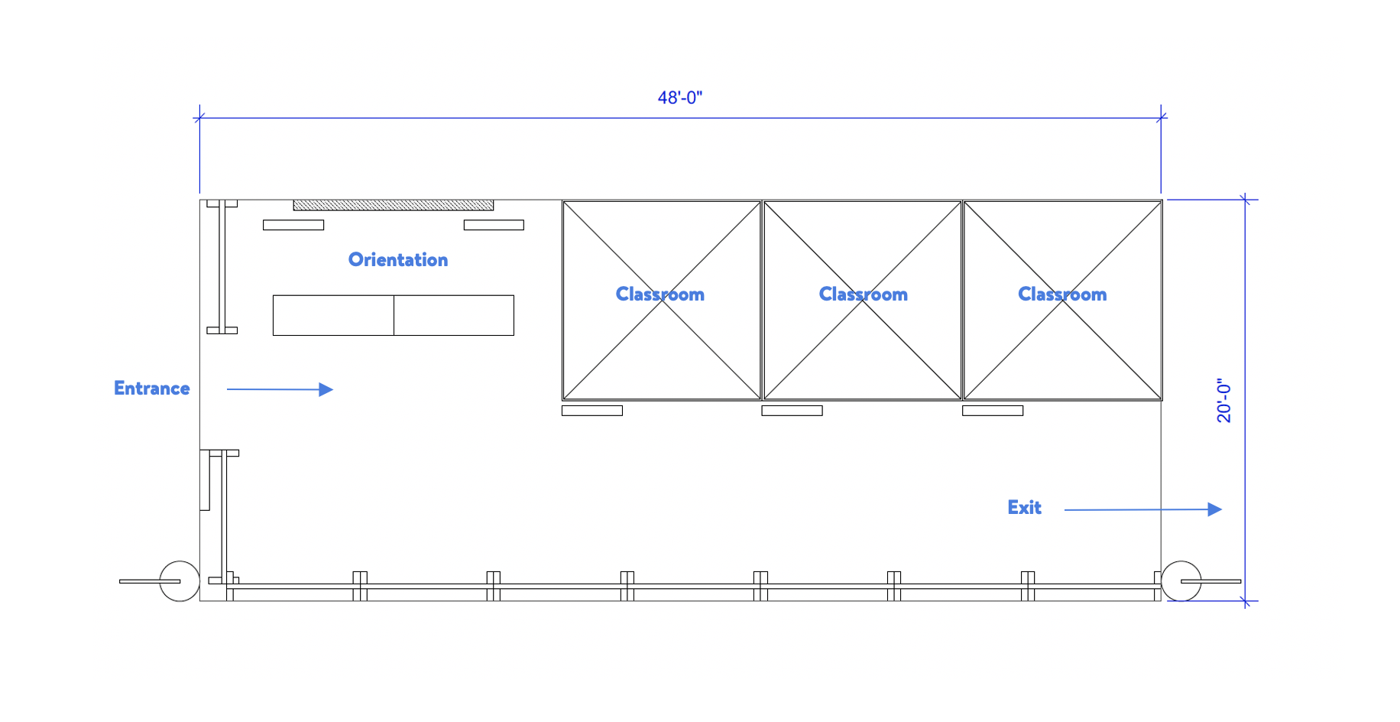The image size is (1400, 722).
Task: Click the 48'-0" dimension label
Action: pos(679,98)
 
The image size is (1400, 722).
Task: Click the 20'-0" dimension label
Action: pos(1224,400)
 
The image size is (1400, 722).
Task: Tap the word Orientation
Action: pos(397,260)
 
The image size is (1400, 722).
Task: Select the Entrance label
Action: pos(151,389)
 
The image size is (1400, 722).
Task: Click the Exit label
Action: pos(1024,508)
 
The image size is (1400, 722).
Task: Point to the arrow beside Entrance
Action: pos(280,389)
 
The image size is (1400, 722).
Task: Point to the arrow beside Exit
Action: pos(1142,509)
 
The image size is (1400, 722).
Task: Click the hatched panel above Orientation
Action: pos(393,205)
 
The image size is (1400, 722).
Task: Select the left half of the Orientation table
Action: pos(333,315)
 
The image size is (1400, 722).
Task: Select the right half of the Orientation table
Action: pos(454,315)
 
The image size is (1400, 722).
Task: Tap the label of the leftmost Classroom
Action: pos(659,294)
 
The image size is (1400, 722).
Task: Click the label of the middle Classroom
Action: pos(863,294)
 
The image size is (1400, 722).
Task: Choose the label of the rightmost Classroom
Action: pos(1062,294)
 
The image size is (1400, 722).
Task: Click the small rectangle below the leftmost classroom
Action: pos(591,411)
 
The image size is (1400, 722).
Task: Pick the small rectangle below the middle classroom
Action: pos(792,411)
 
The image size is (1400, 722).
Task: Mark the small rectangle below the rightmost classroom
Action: pos(992,411)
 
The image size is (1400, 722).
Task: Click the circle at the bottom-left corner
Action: pos(180,581)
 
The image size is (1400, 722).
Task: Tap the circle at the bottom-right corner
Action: pos(1181,581)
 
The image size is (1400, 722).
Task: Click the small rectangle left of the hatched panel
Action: pos(293,225)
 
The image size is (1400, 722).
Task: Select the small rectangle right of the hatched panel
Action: pos(494,225)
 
